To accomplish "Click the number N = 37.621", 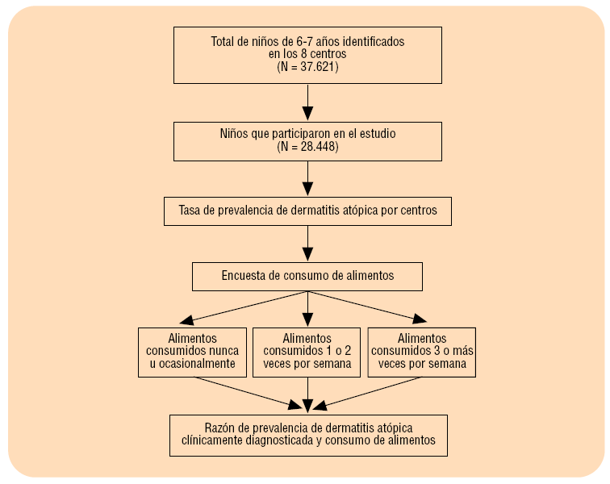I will click(307, 69).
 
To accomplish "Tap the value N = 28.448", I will click(307, 148).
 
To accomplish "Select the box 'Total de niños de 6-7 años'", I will click(307, 54).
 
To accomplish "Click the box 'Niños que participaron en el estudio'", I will click(307, 141).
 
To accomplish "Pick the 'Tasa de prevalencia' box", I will click(307, 211).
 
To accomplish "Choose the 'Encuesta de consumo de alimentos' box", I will click(307, 276).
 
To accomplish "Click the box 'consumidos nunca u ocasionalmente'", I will click(192, 351).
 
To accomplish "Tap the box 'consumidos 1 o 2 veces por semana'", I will click(307, 351).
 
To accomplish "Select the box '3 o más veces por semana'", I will click(420, 351).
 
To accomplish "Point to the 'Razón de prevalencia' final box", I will click(307, 435).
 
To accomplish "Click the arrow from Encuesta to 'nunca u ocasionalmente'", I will click(242, 307).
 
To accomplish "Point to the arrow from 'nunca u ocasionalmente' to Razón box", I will click(242, 391).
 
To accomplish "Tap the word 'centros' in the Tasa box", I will click(416, 211).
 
